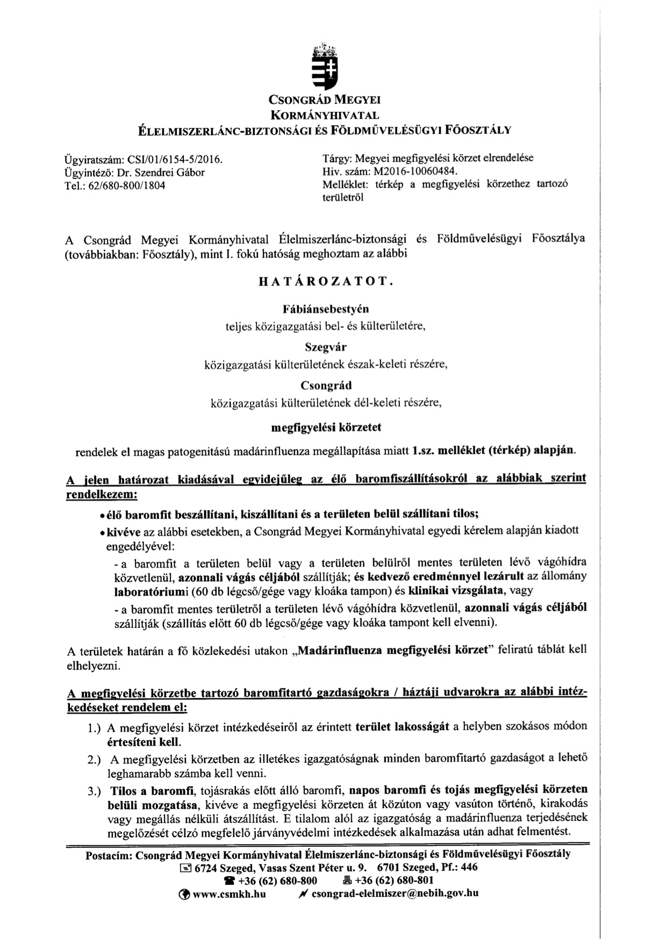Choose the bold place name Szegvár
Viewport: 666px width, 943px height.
[x=325, y=347]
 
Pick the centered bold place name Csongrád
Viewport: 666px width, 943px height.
[x=326, y=385]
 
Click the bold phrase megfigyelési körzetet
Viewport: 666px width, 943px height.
[x=325, y=427]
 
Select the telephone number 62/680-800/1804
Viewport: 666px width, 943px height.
[x=125, y=185]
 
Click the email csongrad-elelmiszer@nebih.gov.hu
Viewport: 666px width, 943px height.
[x=395, y=894]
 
